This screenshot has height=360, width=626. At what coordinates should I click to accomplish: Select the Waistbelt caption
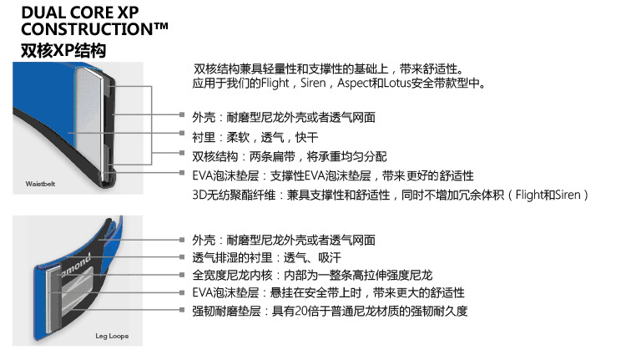(39, 181)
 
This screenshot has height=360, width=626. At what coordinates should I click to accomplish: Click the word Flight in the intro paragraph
(275, 84)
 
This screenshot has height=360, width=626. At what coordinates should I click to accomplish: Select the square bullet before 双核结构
(183, 156)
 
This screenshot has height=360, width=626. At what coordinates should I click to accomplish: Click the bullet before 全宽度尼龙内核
(183, 275)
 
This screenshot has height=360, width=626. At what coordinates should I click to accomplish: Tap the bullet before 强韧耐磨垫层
(183, 312)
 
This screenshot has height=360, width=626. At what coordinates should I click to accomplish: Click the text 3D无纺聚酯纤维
(225, 195)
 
